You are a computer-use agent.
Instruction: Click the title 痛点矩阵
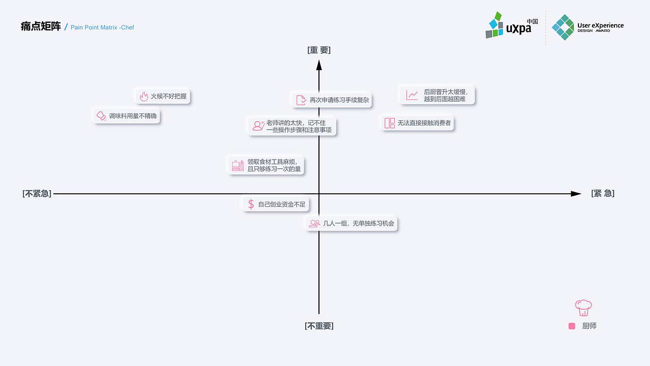(41, 26)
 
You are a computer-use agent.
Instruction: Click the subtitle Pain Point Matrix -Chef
(102, 27)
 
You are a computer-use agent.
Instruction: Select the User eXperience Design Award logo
(588, 27)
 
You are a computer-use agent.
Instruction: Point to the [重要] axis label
(319, 50)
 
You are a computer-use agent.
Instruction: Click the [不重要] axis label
(319, 326)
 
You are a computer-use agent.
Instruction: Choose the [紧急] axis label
(603, 194)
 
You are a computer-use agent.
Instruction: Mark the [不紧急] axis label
(37, 194)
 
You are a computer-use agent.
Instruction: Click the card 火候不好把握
(163, 96)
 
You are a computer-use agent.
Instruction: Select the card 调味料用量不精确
(127, 116)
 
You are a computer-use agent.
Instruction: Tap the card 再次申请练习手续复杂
(332, 100)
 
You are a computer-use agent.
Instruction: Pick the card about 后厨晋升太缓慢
(437, 95)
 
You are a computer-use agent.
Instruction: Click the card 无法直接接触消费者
(417, 123)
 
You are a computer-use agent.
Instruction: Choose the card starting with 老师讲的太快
(292, 126)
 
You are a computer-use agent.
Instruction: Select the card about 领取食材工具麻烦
(266, 165)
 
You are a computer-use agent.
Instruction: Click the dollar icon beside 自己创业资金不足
(251, 204)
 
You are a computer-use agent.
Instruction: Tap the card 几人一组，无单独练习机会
(351, 223)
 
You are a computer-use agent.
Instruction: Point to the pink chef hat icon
(583, 307)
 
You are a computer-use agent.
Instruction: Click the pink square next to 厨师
(572, 326)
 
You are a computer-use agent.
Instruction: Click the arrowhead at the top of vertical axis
(319, 65)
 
